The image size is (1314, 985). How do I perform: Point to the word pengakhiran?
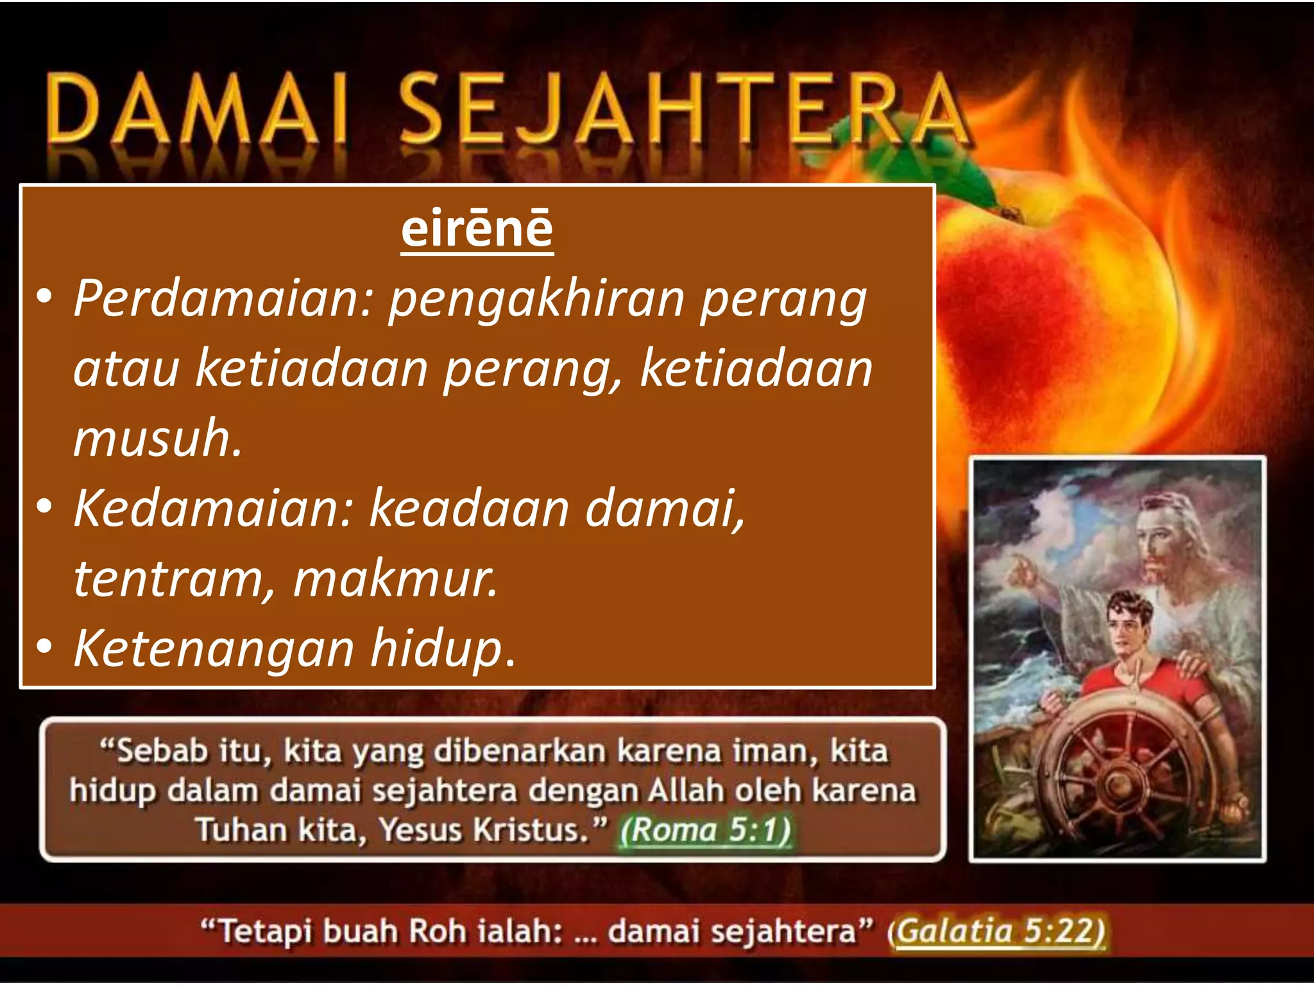click(x=536, y=300)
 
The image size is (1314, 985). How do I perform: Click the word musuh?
click(x=157, y=439)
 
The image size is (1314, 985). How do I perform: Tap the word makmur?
click(x=395, y=578)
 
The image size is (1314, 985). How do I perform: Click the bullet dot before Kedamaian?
click(x=44, y=507)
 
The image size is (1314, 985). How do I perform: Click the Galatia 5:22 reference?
click(x=999, y=931)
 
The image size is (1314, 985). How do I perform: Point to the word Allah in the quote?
click(x=685, y=791)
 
